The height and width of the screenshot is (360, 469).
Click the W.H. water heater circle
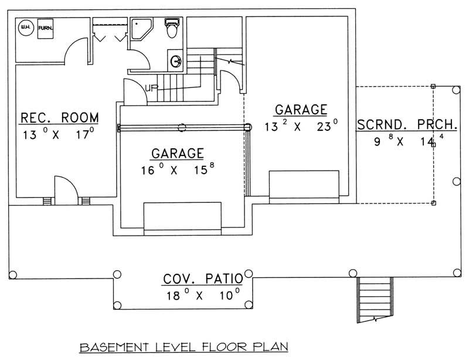pos(26,26)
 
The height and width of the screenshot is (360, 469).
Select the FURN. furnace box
pos(45,28)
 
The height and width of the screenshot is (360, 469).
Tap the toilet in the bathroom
pos(171,29)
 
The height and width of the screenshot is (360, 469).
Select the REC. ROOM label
pos(60,118)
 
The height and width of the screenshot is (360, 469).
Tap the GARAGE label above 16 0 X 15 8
pos(178,154)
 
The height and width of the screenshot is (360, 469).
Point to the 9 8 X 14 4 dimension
pos(405,142)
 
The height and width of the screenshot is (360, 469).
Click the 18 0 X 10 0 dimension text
pos(201,295)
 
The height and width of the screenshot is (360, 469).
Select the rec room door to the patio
pos(65,190)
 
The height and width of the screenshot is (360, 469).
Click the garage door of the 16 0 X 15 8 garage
pos(182,218)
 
